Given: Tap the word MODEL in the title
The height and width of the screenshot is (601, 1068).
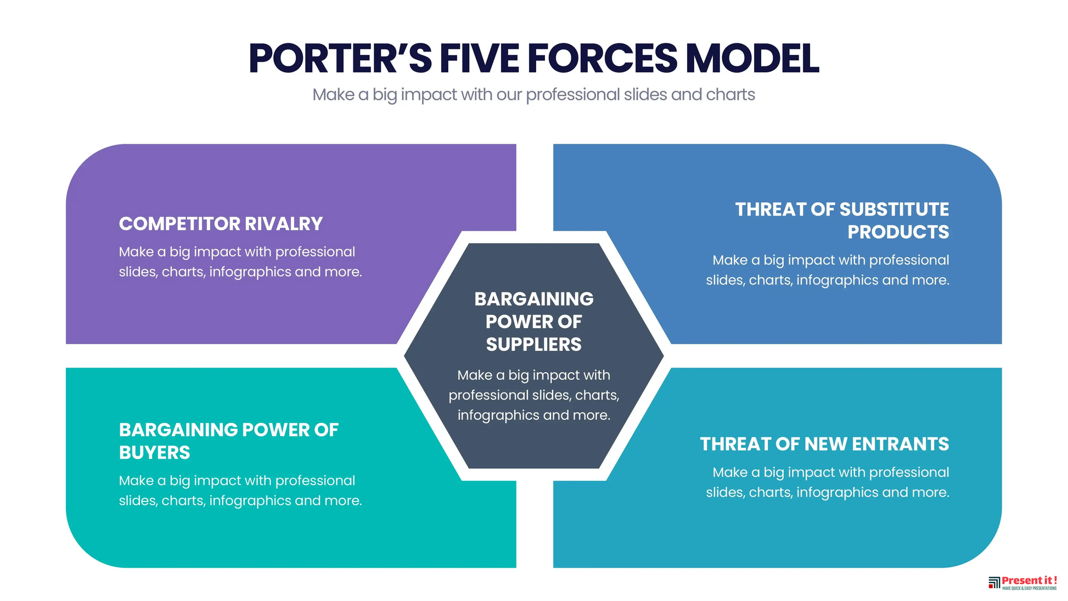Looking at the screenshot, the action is [752, 58].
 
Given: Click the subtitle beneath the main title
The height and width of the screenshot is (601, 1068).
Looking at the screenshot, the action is [533, 95].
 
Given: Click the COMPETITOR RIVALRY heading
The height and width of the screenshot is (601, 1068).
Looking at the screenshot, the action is [221, 224].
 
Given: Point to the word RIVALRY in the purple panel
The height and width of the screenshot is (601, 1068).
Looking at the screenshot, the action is [284, 224].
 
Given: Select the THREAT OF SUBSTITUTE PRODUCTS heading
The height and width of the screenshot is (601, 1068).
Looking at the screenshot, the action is [842, 221].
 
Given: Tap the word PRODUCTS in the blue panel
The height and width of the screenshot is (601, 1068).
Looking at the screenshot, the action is [898, 232].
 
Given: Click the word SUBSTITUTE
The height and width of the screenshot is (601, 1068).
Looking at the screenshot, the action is [894, 209].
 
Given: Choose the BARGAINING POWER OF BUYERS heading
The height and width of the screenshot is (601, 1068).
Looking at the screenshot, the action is [229, 441].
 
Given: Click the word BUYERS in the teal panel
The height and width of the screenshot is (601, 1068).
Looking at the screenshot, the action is [155, 453].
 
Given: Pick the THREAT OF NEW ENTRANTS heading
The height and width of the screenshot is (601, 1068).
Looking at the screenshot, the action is [824, 444].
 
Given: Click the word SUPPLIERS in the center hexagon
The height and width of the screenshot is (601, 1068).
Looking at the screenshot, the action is [533, 345].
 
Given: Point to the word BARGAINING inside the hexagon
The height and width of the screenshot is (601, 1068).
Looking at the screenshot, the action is [534, 299].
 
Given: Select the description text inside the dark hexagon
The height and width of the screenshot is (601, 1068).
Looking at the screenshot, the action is [534, 395].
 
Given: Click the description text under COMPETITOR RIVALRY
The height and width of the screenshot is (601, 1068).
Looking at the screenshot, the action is [240, 262].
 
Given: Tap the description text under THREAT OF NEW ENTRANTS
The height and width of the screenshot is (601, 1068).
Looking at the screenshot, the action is [828, 482].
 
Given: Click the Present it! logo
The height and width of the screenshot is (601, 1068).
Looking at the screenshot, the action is [1022, 583].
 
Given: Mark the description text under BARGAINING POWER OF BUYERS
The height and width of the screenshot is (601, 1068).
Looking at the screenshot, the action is [240, 491].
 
